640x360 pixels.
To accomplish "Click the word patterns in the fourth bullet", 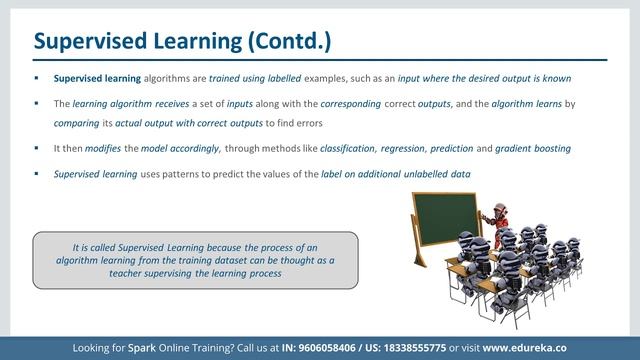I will [176, 174].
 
